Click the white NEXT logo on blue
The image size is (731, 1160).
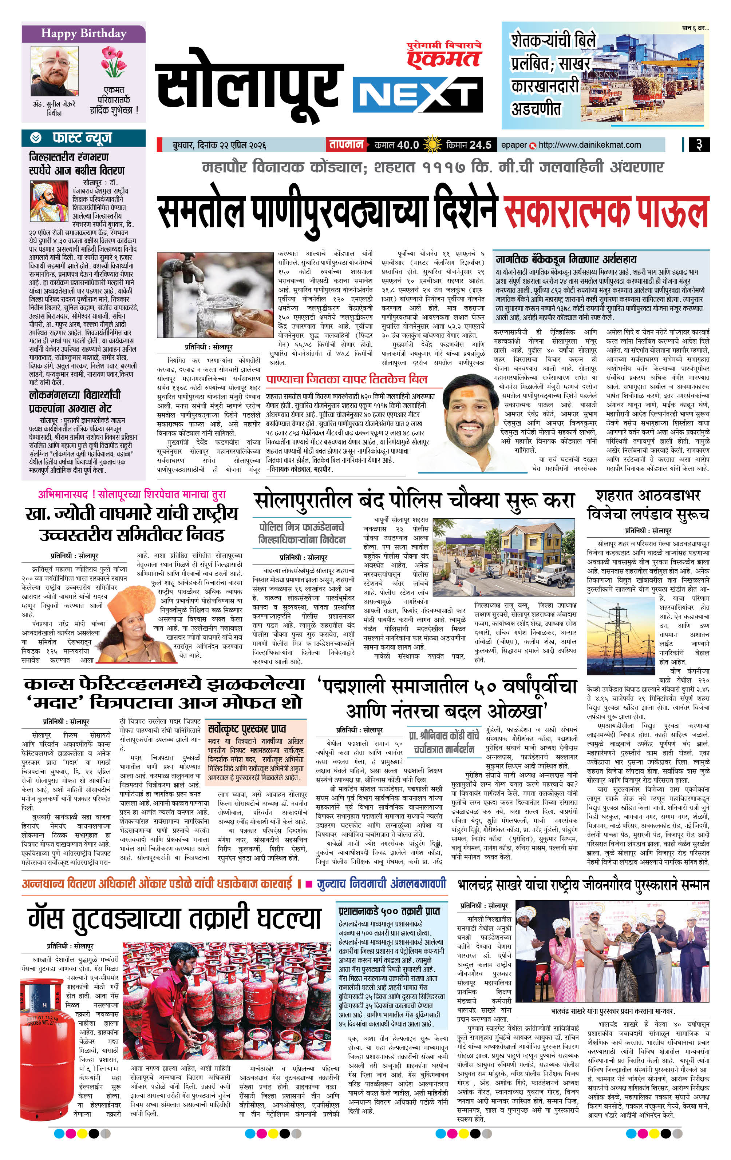[x=417, y=93]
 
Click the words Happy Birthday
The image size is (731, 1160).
[x=83, y=33]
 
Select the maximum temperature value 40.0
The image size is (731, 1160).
[x=408, y=144]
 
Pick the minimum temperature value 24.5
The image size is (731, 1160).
[x=480, y=144]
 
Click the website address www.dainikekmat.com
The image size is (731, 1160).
[x=589, y=144]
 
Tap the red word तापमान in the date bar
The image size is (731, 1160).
[x=346, y=144]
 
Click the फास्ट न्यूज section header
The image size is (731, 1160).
[x=82, y=138]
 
